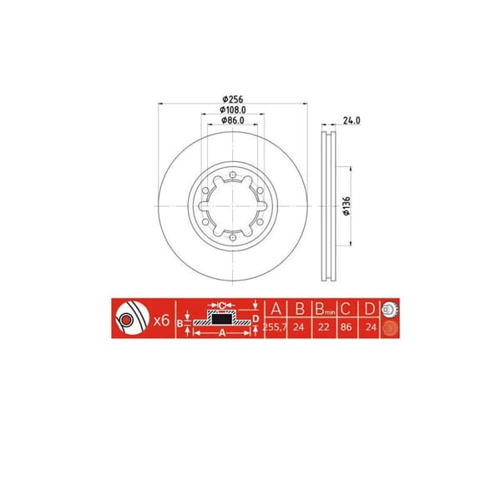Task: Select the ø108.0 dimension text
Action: click(x=231, y=109)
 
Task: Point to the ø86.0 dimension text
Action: click(x=231, y=120)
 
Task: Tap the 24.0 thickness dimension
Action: click(x=352, y=119)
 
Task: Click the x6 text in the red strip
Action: click(x=162, y=320)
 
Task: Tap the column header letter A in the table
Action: click(x=276, y=307)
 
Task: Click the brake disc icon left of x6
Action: click(x=128, y=319)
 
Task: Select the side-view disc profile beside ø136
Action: click(x=327, y=205)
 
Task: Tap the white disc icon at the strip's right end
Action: click(x=387, y=307)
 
